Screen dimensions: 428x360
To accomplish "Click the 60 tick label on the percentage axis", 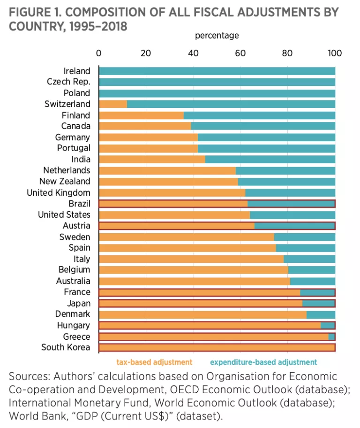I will point(240,53).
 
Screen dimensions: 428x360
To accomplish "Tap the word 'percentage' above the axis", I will point(217,35).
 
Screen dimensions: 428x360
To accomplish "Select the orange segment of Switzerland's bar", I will point(113,104).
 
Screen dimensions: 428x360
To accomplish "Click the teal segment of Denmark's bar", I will point(321,314).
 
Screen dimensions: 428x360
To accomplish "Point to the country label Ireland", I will point(76,71).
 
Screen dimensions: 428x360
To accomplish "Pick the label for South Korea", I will point(66,348).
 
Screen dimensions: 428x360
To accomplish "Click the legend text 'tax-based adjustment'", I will point(154,362).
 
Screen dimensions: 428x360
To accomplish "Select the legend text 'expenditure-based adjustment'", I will point(263,362).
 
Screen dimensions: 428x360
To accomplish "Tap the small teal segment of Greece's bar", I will point(331,336).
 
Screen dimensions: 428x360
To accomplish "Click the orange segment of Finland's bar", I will point(141,115).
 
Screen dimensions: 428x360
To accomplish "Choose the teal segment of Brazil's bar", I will point(291,204).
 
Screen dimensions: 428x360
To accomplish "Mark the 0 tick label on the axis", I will point(98,53).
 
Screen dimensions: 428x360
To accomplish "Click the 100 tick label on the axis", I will point(335,53).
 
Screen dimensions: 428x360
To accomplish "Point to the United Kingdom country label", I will point(59,192).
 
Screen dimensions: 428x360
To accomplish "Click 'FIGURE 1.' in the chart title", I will point(29,12).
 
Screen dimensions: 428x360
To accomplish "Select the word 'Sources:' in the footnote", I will point(29,376).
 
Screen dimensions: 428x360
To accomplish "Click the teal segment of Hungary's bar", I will point(327,325).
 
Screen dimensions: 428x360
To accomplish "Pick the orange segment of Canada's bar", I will point(145,126).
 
